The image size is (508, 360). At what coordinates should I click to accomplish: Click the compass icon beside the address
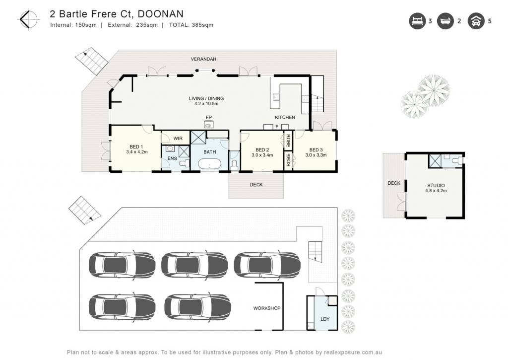(28, 19)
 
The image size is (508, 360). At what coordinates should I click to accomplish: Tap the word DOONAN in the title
(161, 14)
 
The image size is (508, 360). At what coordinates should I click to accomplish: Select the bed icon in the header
(417, 21)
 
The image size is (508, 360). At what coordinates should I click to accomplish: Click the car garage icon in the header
(476, 21)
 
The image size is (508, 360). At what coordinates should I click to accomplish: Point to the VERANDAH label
(203, 59)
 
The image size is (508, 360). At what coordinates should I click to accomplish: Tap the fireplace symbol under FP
(209, 124)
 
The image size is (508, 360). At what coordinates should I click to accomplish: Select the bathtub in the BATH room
(210, 164)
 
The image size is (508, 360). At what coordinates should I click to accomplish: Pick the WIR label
(178, 139)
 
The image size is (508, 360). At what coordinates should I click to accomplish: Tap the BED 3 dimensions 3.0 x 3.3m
(316, 155)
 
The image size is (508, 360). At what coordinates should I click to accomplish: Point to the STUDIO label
(436, 186)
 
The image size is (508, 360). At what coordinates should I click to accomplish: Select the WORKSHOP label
(267, 308)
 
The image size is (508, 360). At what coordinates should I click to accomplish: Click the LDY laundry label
(325, 319)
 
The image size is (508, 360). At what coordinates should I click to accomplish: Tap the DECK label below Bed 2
(256, 185)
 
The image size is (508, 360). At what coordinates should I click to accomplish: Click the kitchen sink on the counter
(276, 97)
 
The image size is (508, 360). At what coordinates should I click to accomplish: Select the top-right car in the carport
(267, 265)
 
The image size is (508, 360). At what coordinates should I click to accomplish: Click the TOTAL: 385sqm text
(191, 25)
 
